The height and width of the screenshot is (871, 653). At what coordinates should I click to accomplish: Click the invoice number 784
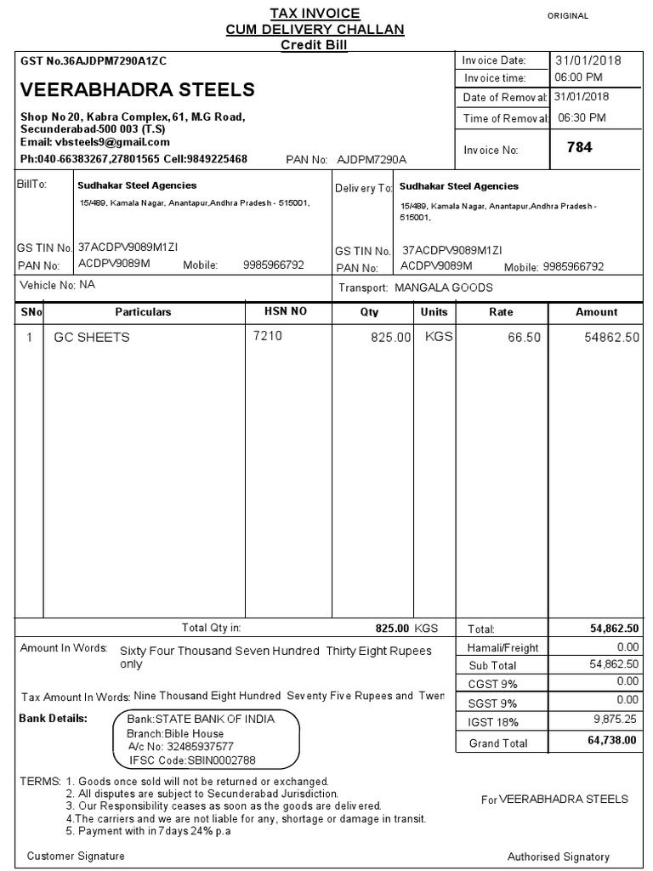click(579, 148)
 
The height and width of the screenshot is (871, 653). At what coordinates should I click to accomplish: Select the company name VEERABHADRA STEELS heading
click(137, 89)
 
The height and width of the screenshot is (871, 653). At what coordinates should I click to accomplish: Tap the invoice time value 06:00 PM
click(579, 77)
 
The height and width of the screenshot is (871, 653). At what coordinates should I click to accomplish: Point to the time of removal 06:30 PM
click(582, 118)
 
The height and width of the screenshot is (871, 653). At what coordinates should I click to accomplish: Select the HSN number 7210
click(268, 336)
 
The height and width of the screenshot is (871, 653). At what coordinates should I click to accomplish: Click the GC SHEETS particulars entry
click(92, 337)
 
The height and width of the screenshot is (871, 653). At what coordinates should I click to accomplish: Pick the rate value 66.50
click(524, 338)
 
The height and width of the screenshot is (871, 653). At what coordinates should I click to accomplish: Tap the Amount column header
click(596, 312)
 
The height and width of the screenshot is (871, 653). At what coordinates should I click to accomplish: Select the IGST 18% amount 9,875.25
click(614, 720)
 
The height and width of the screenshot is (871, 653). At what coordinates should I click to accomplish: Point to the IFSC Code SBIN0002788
click(192, 760)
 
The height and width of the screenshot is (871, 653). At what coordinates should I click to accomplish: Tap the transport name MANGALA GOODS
click(443, 287)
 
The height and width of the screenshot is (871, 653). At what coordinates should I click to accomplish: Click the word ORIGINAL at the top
click(568, 16)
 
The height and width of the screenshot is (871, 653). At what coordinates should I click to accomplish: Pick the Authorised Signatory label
click(558, 857)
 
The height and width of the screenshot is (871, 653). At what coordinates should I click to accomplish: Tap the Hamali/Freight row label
click(503, 648)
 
